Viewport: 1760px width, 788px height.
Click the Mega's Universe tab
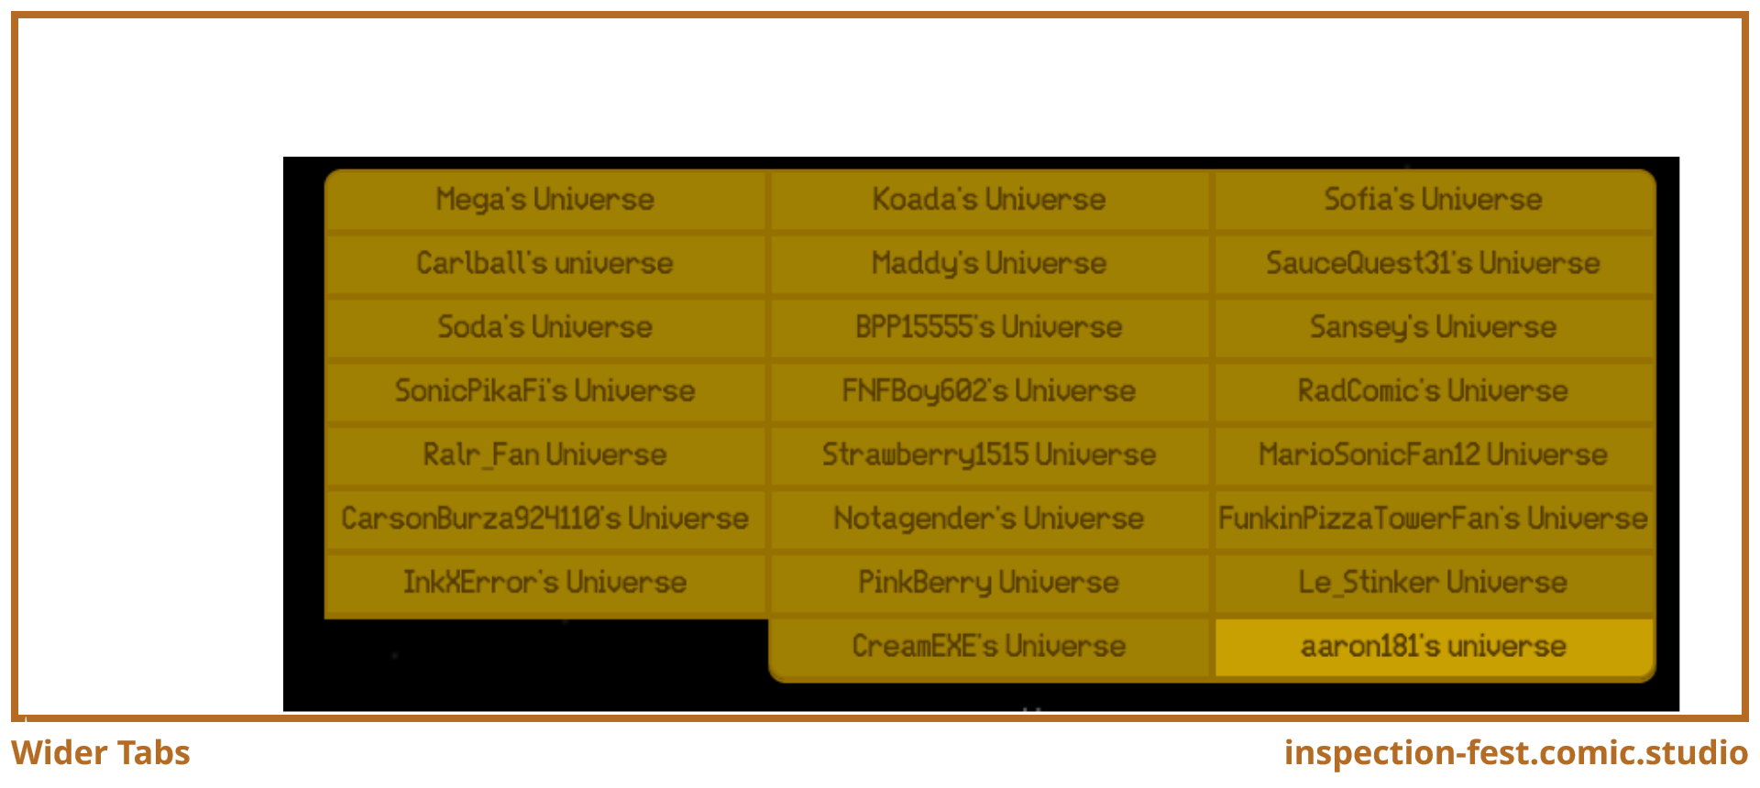tap(545, 200)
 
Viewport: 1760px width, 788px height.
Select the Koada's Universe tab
tap(990, 200)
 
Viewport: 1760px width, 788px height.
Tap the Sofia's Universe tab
tap(1434, 200)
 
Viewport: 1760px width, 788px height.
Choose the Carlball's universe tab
tap(545, 264)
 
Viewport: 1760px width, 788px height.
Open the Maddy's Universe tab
tap(990, 264)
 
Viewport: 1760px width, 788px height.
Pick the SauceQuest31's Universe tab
tap(1434, 264)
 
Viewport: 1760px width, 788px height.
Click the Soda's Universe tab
tap(545, 327)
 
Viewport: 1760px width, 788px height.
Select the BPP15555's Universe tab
tap(990, 327)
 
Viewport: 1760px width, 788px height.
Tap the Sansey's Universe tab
tap(1434, 327)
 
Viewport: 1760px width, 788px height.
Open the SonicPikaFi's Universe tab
tap(545, 391)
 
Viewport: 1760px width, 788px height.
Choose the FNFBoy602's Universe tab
tap(990, 391)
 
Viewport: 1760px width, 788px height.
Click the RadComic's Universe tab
tap(1434, 391)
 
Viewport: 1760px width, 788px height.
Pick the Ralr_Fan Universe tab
tap(545, 454)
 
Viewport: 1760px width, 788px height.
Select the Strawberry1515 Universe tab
tap(990, 454)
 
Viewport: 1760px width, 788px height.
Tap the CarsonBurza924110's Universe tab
tap(545, 519)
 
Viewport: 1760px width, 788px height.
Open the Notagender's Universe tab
tap(990, 519)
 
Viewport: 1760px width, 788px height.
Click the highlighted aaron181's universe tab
tap(1434, 647)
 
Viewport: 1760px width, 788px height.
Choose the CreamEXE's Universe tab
tap(990, 647)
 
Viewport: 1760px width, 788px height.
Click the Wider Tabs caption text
tap(101, 753)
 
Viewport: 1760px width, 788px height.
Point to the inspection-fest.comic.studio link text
tap(1516, 753)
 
